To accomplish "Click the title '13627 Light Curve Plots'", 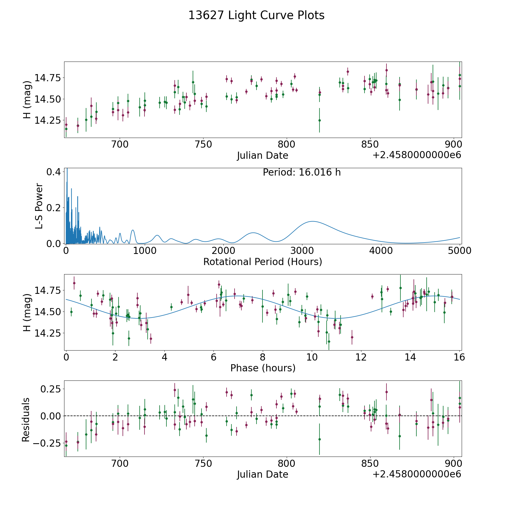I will pos(256,15).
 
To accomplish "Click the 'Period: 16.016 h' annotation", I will pos(302,172).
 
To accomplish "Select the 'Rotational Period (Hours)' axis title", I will pos(262,262).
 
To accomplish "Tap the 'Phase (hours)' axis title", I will pos(263,368).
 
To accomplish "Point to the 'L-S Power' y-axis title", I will pos(39,206).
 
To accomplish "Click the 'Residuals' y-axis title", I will pos(26,420).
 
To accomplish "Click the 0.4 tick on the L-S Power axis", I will pos(53,172).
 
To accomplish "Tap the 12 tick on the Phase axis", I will pos(361,357).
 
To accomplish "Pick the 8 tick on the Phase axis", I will pos(263,357).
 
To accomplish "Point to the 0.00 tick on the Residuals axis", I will pos(49,416).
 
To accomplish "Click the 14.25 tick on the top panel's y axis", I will pos(47,121).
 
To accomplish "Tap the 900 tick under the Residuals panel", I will pos(453,463).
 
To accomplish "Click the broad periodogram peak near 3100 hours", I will pos(313,221).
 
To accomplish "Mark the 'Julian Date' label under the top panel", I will pos(262,156).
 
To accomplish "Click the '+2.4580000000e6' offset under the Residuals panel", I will pos(417,474).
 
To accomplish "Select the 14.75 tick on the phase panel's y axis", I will pos(47,290).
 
